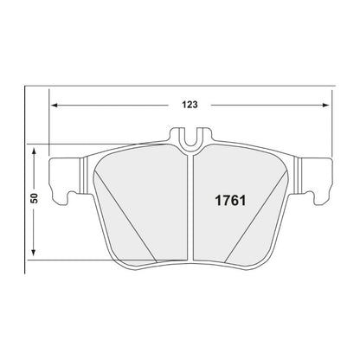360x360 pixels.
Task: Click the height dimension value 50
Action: [34, 198]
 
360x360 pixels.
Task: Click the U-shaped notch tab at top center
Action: [190, 136]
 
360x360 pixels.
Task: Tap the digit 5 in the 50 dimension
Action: [34, 202]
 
